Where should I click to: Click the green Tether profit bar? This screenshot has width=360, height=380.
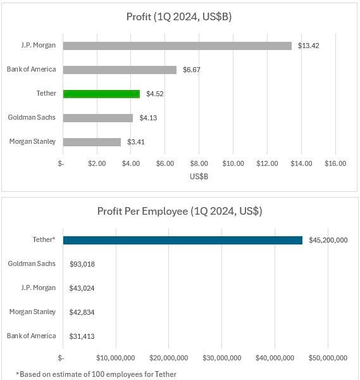(x=101, y=94)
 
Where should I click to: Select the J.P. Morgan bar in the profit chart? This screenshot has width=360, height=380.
(x=177, y=46)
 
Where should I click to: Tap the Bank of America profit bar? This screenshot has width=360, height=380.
(x=120, y=70)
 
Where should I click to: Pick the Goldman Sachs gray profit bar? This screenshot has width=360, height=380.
(x=98, y=118)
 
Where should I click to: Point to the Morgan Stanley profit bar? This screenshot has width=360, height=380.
(x=92, y=142)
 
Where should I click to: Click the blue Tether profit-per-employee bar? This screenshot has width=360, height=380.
(x=183, y=241)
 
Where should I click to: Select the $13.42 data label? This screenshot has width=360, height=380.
(x=308, y=46)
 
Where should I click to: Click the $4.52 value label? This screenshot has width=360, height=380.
(x=155, y=94)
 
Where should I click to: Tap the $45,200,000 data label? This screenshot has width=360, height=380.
(x=328, y=240)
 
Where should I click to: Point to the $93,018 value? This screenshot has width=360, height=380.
(x=82, y=264)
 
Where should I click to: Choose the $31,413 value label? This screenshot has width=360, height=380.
(x=82, y=336)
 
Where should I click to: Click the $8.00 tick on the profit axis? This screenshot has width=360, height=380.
(x=199, y=163)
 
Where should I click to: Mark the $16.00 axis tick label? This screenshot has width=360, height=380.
(x=335, y=163)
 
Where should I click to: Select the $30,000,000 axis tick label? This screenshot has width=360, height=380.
(x=222, y=358)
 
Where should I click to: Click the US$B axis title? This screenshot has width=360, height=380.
(x=199, y=177)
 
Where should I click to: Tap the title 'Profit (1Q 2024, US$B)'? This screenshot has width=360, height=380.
(x=179, y=17)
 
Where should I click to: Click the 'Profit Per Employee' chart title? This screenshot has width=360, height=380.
(x=180, y=212)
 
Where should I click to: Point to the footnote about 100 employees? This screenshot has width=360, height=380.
(x=96, y=374)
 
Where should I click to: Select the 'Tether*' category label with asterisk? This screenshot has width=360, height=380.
(x=44, y=239)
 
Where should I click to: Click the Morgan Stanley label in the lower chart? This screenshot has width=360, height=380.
(x=32, y=312)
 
